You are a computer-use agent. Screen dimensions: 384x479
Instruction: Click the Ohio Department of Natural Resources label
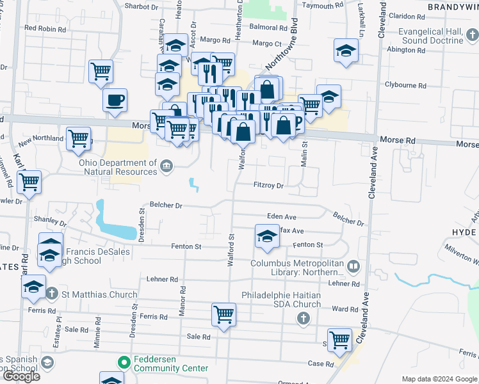tap(118, 167)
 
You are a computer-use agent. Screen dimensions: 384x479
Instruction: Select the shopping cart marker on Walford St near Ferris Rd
tap(223, 314)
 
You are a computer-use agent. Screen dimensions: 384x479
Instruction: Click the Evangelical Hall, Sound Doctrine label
tap(430, 36)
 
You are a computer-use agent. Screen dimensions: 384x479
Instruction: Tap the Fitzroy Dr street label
tap(268, 185)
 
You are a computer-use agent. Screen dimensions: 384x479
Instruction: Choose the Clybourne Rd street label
tap(405, 85)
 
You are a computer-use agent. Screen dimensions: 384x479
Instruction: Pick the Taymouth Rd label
tap(319, 6)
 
